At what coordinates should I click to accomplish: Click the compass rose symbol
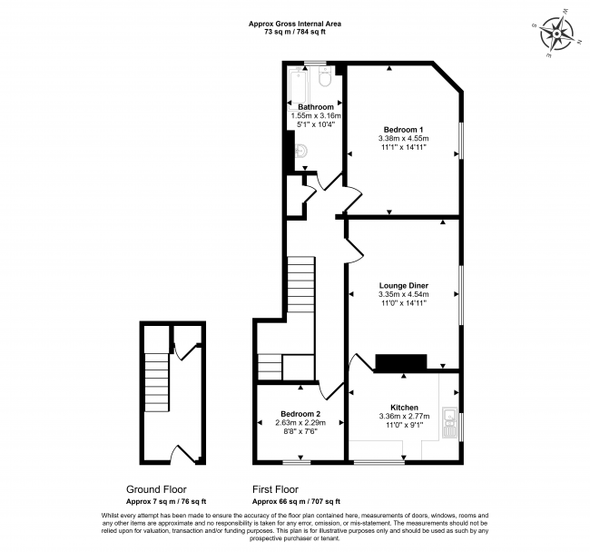point(556,34)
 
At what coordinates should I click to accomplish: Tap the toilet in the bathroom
point(324,76)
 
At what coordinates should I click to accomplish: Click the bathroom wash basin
point(300,152)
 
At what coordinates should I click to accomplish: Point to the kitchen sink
point(450,422)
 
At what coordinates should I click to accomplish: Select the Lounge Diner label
point(404,286)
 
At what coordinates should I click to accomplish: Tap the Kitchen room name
point(405,408)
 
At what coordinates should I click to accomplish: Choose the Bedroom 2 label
point(300,414)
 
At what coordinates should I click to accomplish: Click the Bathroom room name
point(316,107)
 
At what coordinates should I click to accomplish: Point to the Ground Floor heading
point(156,489)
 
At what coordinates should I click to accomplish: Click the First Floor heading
point(275,489)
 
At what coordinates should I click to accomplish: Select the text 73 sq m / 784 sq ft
point(295,32)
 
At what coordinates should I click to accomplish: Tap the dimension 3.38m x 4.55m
point(404,139)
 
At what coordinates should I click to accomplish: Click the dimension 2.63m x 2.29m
point(300,423)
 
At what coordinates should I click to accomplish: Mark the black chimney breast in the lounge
point(401,362)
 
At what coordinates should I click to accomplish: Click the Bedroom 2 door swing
point(331,390)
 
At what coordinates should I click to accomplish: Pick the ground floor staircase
point(156,382)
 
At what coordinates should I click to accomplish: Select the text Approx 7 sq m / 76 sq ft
point(166,501)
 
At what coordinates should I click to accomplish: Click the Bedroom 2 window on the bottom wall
point(297,461)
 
